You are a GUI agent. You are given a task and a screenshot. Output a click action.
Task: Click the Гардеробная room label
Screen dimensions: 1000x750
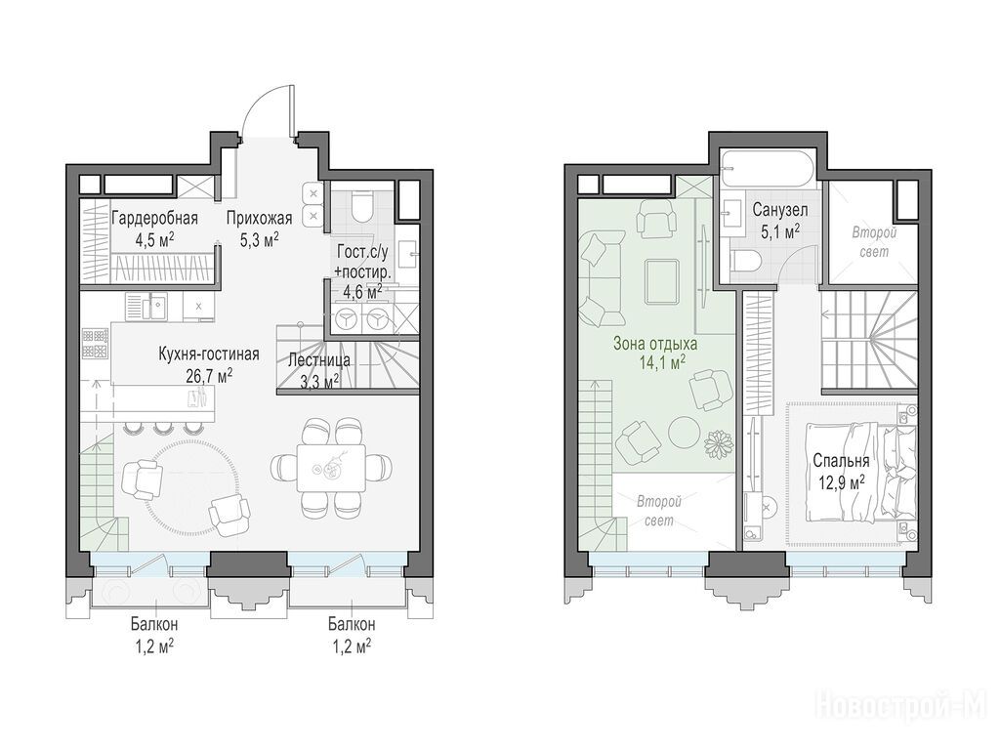click(155, 218)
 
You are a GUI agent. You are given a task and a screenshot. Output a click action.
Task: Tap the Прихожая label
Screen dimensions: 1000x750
click(259, 218)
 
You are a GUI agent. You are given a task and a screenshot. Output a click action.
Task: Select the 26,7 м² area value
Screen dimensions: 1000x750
click(209, 375)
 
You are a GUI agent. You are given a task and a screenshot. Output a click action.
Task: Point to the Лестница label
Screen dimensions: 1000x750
click(319, 360)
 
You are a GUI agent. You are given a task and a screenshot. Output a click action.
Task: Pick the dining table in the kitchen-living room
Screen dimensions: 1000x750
click(330, 469)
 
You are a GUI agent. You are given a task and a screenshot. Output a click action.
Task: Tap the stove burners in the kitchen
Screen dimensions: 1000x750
click(95, 343)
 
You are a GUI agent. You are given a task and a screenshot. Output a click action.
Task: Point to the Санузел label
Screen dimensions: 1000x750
click(780, 209)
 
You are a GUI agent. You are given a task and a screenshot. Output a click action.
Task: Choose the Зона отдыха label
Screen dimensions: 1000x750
click(655, 344)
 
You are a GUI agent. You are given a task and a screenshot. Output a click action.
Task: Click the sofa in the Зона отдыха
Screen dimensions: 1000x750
click(600, 278)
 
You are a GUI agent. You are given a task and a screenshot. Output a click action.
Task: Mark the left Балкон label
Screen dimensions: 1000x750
click(155, 623)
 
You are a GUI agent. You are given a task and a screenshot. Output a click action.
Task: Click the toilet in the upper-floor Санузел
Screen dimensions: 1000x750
click(745, 262)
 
